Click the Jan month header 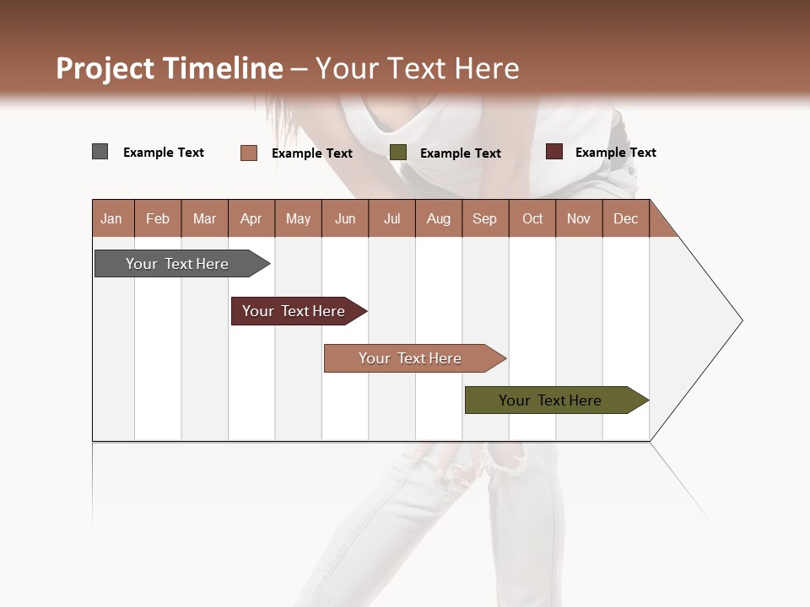pyautogui.click(x=111, y=218)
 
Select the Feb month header pyautogui.click(x=158, y=218)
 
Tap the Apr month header pyautogui.click(x=251, y=218)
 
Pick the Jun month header pyautogui.click(x=344, y=218)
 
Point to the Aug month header pyautogui.click(x=438, y=218)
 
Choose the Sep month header pyautogui.click(x=484, y=218)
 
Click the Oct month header pyautogui.click(x=532, y=218)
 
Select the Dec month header pyautogui.click(x=625, y=218)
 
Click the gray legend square pyautogui.click(x=100, y=152)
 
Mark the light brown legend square pyautogui.click(x=248, y=153)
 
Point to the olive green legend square pyautogui.click(x=398, y=153)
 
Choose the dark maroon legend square pyautogui.click(x=553, y=152)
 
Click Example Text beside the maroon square pyautogui.click(x=615, y=153)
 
